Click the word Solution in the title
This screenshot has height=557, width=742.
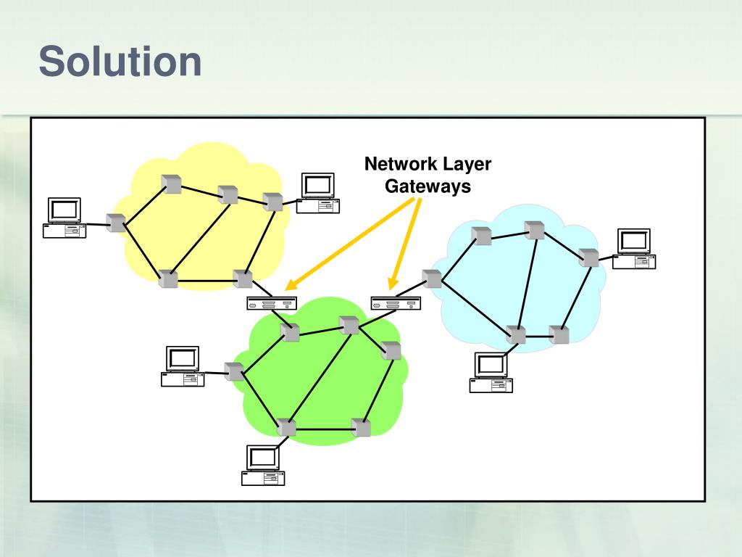pos(120,62)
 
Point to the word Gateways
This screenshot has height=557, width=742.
pos(428,186)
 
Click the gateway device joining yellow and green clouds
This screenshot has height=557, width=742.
pos(270,303)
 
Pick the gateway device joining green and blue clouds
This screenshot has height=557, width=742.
pos(395,303)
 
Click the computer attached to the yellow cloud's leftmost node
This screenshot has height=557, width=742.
pos(64,218)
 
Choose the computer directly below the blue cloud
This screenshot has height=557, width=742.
pos(491,372)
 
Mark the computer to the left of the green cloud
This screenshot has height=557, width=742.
pos(183,367)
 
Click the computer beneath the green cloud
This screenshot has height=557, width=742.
pos(263,465)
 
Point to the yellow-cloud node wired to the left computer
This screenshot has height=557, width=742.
pos(115,223)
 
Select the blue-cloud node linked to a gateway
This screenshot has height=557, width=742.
pos(433,279)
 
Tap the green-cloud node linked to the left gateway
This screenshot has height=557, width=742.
pos(291,332)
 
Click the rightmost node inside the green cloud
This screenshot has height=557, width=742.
pos(391,350)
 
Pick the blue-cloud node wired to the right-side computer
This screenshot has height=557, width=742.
pos(589,257)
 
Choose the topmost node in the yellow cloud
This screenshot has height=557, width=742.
pos(172,184)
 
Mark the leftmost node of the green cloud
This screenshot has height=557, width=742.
pos(233,371)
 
